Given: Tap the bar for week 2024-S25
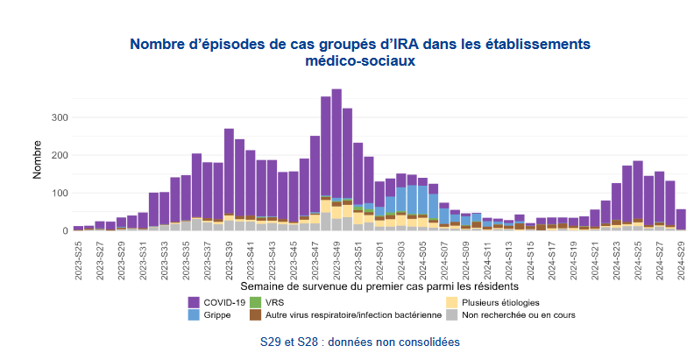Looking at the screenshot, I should click(x=638, y=193).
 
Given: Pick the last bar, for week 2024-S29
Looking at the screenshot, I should click(x=681, y=219).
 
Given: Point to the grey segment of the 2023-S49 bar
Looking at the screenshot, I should click(x=336, y=224).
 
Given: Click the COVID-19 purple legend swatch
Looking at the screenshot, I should click(x=195, y=301).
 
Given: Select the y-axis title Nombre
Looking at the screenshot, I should click(x=38, y=158).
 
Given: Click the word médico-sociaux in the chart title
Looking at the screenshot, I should click(x=360, y=61).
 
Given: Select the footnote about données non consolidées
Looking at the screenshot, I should click(x=360, y=341).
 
